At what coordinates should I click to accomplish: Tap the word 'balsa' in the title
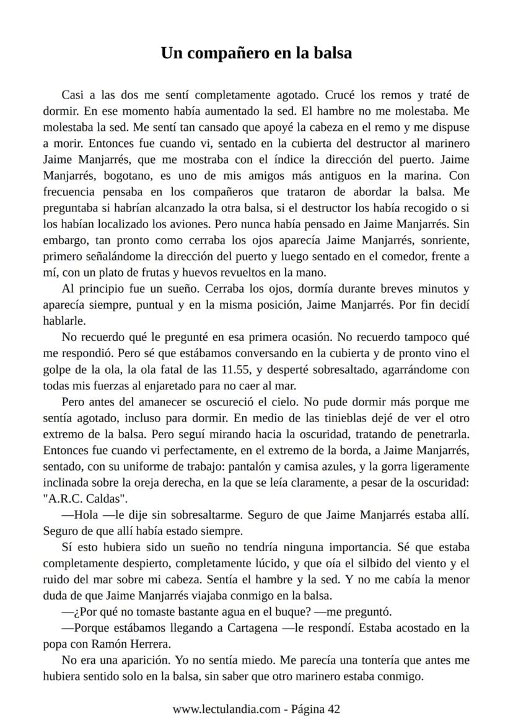pyautogui.click(x=330, y=53)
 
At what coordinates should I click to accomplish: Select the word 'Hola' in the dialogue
pyautogui.click(x=84, y=515)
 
